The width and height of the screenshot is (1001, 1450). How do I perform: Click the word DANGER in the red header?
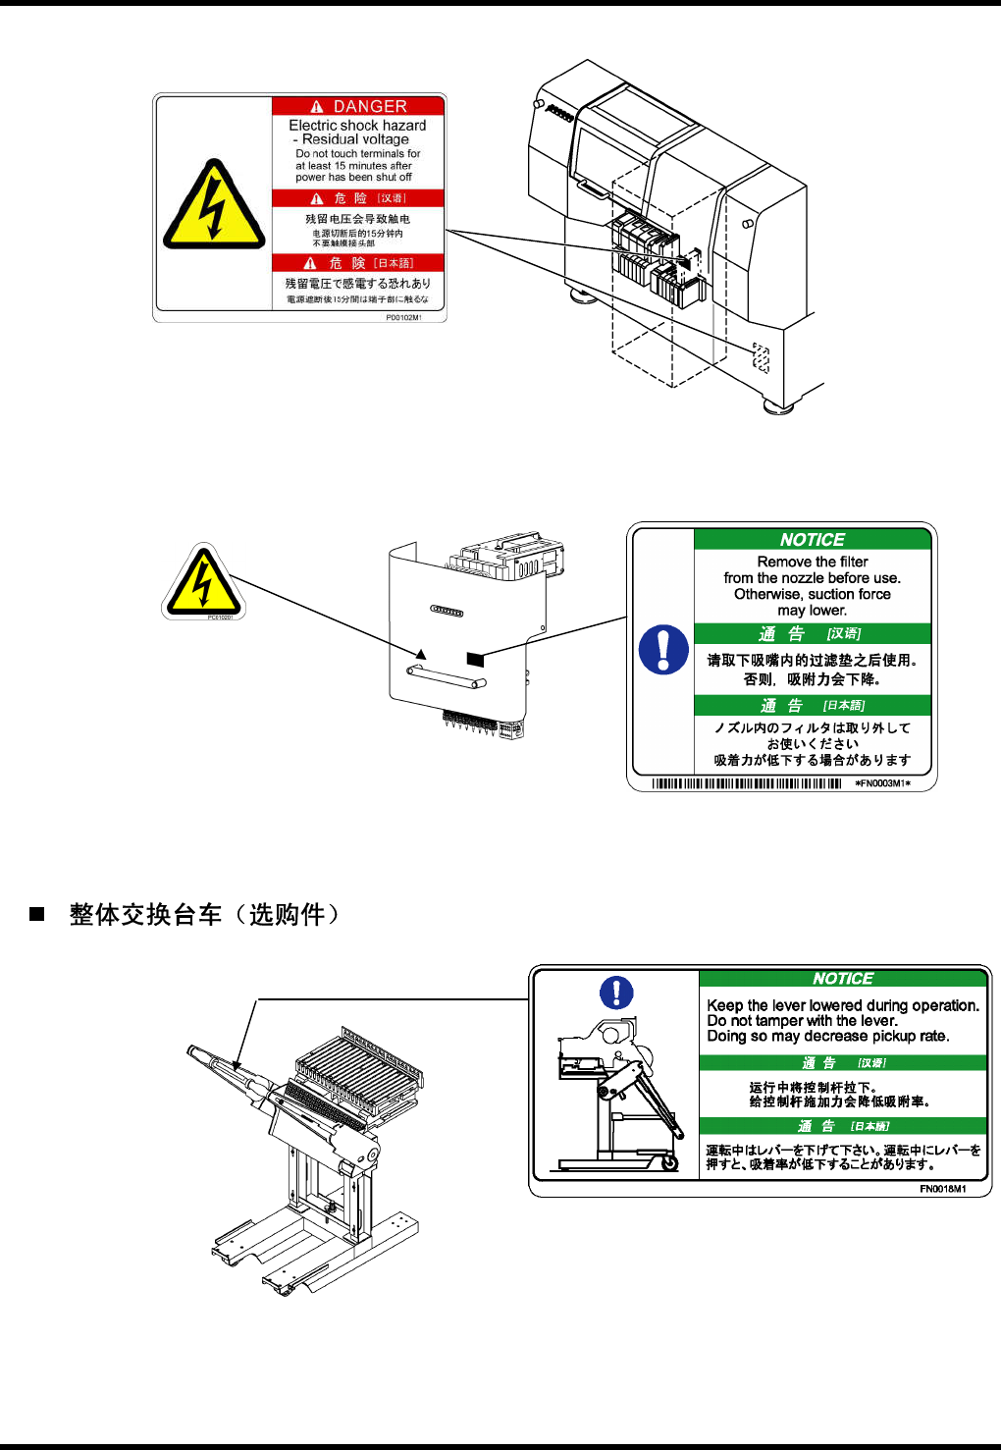click(369, 106)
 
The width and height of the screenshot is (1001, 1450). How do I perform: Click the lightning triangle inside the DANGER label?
click(214, 206)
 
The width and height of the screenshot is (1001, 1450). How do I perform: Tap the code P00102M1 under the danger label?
click(403, 318)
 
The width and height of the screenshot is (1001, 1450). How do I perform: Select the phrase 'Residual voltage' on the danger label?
click(355, 139)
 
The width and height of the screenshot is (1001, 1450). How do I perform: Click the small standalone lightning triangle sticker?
click(202, 582)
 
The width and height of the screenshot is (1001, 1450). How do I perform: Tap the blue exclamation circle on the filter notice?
click(663, 650)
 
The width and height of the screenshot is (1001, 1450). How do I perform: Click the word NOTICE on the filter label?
click(812, 540)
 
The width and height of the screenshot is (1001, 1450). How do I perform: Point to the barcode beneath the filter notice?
click(747, 783)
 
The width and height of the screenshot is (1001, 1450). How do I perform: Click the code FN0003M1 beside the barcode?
click(882, 783)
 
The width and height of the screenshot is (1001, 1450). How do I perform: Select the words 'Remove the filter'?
click(813, 562)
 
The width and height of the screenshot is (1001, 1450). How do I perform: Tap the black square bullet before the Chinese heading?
click(37, 914)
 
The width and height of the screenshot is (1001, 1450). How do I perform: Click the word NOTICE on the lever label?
click(842, 979)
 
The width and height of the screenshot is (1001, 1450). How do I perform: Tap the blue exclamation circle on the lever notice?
click(616, 993)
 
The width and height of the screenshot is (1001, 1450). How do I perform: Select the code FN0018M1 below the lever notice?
click(942, 1189)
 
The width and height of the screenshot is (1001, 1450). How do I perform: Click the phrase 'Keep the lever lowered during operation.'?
click(842, 1005)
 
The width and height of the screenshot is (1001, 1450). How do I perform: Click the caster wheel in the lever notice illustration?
click(669, 1163)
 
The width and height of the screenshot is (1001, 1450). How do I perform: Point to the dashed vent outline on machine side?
click(761, 358)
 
